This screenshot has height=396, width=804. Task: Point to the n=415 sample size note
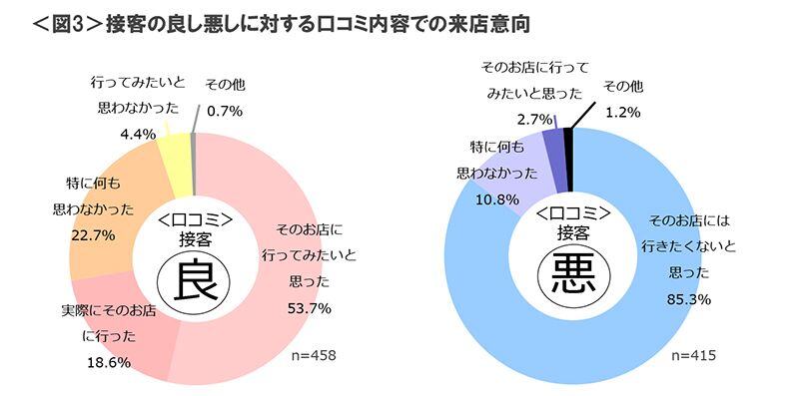point(694,355)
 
